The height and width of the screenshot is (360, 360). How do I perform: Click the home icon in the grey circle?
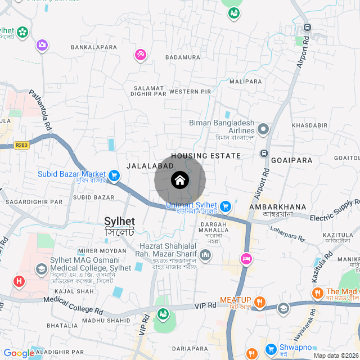click(x=180, y=181)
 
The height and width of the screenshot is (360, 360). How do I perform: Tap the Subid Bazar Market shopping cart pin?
click(x=114, y=176)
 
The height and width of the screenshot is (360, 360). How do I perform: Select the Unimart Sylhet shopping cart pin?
click(x=226, y=206)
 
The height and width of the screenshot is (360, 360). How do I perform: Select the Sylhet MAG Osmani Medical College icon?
click(x=41, y=269)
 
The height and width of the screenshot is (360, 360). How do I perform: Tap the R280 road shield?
click(x=21, y=145)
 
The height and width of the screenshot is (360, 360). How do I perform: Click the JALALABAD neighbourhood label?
click(x=148, y=166)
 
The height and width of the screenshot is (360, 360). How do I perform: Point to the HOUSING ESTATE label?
click(x=206, y=156)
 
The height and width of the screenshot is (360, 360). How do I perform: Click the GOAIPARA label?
click(x=291, y=160)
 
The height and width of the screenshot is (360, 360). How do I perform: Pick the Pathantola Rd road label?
click(x=40, y=111)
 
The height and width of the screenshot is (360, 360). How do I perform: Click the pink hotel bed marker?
click(x=246, y=259)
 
